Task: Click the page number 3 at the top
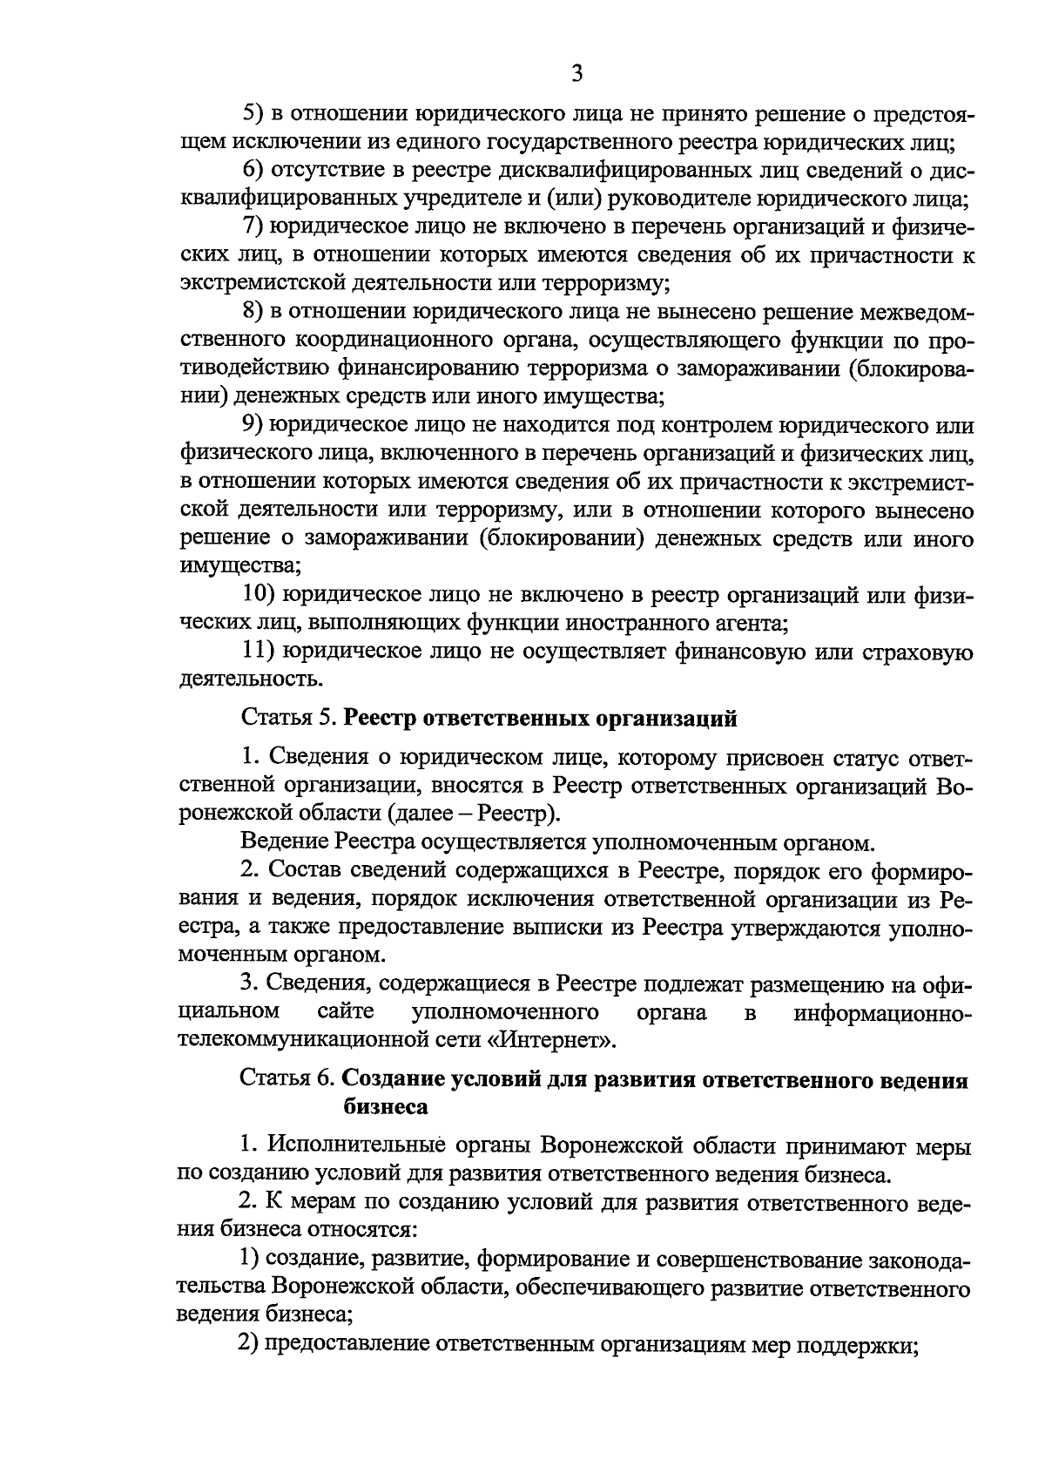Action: pos(576,74)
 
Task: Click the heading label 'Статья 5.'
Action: pos(287,719)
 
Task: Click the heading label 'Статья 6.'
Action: pos(287,1080)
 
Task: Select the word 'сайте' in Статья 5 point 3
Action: pos(346,1011)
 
